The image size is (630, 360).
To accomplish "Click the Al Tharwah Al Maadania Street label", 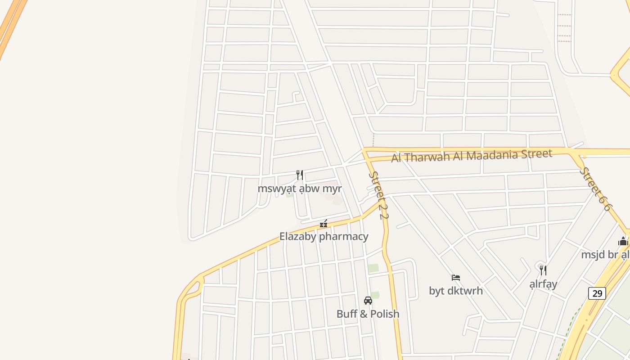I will pyautogui.click(x=472, y=156).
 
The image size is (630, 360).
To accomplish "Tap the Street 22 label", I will pyautogui.click(x=378, y=195).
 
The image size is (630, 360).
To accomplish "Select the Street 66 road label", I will pyautogui.click(x=595, y=189).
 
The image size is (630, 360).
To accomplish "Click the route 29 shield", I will pyautogui.click(x=597, y=293).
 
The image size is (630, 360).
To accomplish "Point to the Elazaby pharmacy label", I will pyautogui.click(x=324, y=236).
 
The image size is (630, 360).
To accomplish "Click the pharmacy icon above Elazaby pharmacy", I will pyautogui.click(x=323, y=224).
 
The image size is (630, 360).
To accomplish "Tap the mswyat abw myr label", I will pyautogui.click(x=300, y=188).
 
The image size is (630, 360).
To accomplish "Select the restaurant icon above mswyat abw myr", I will pyautogui.click(x=300, y=175).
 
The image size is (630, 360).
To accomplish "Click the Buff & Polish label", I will pyautogui.click(x=368, y=314).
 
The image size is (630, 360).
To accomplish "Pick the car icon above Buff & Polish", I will pyautogui.click(x=368, y=301).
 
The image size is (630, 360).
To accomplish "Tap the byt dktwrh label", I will pyautogui.click(x=456, y=291).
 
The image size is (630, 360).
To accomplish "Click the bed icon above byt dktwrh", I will pyautogui.click(x=456, y=278).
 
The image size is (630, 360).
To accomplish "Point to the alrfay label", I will pyautogui.click(x=543, y=284).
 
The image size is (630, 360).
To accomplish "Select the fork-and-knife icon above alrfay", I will pyautogui.click(x=543, y=270).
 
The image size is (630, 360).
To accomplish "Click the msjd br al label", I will pyautogui.click(x=605, y=255).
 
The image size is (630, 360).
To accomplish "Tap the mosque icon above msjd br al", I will pyautogui.click(x=623, y=242).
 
